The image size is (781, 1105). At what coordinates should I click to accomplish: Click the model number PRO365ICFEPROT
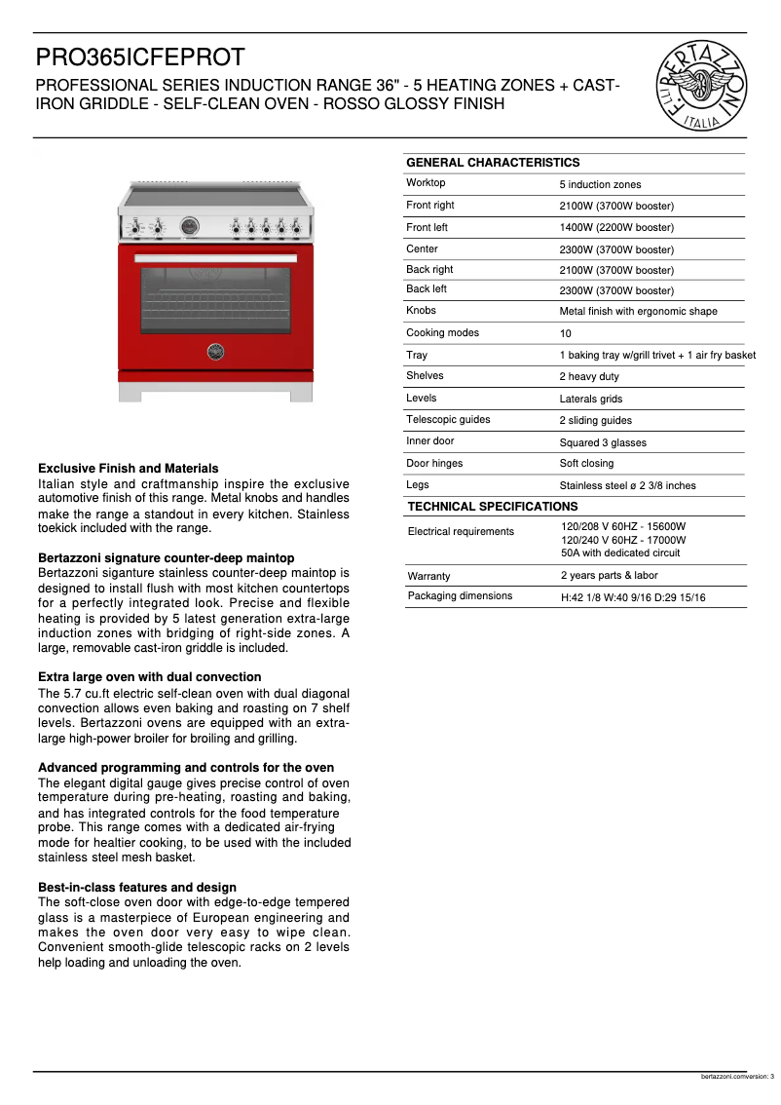pyautogui.click(x=140, y=58)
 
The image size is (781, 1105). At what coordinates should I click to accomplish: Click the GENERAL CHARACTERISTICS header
pyautogui.click(x=493, y=163)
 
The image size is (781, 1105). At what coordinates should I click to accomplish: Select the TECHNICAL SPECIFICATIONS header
pyautogui.click(x=493, y=507)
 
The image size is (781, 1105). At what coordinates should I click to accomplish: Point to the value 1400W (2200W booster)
pyautogui.click(x=616, y=228)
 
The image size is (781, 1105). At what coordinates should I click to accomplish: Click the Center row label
pyautogui.click(x=422, y=248)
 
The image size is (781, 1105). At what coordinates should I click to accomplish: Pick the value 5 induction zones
pyautogui.click(x=600, y=184)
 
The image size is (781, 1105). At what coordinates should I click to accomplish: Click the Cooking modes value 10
pyautogui.click(x=566, y=333)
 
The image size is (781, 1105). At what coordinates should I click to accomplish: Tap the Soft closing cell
pyautogui.click(x=586, y=464)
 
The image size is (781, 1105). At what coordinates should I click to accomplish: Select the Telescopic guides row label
pyautogui.click(x=448, y=420)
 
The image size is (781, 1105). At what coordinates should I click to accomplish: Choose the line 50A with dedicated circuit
pyautogui.click(x=620, y=552)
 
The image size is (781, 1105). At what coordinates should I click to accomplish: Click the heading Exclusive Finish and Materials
pyautogui.click(x=128, y=469)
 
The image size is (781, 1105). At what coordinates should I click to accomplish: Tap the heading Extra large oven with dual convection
pyautogui.click(x=149, y=677)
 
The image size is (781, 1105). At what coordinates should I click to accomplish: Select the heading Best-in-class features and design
pyautogui.click(x=137, y=888)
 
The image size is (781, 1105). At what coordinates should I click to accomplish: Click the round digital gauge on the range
pyautogui.click(x=190, y=226)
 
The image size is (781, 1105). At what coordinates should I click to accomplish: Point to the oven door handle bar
pyautogui.click(x=215, y=257)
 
